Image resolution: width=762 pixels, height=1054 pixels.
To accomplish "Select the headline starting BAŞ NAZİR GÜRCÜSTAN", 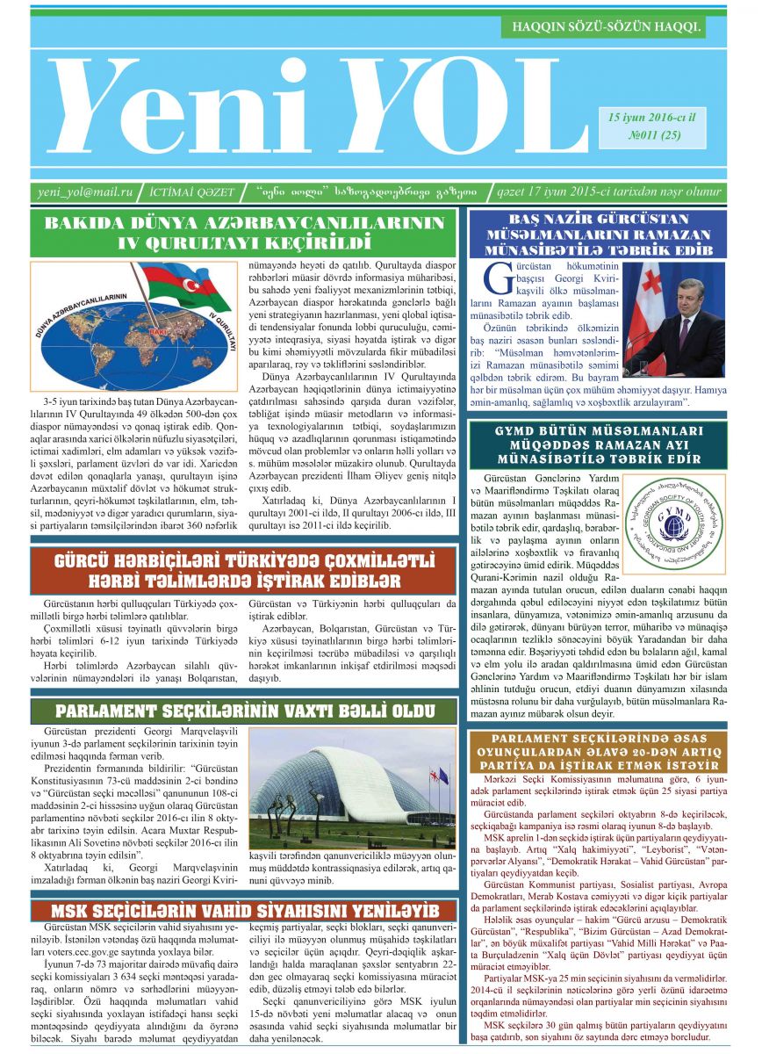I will [598, 234].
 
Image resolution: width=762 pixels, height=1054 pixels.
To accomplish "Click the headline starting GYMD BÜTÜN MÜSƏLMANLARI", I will [598, 446].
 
